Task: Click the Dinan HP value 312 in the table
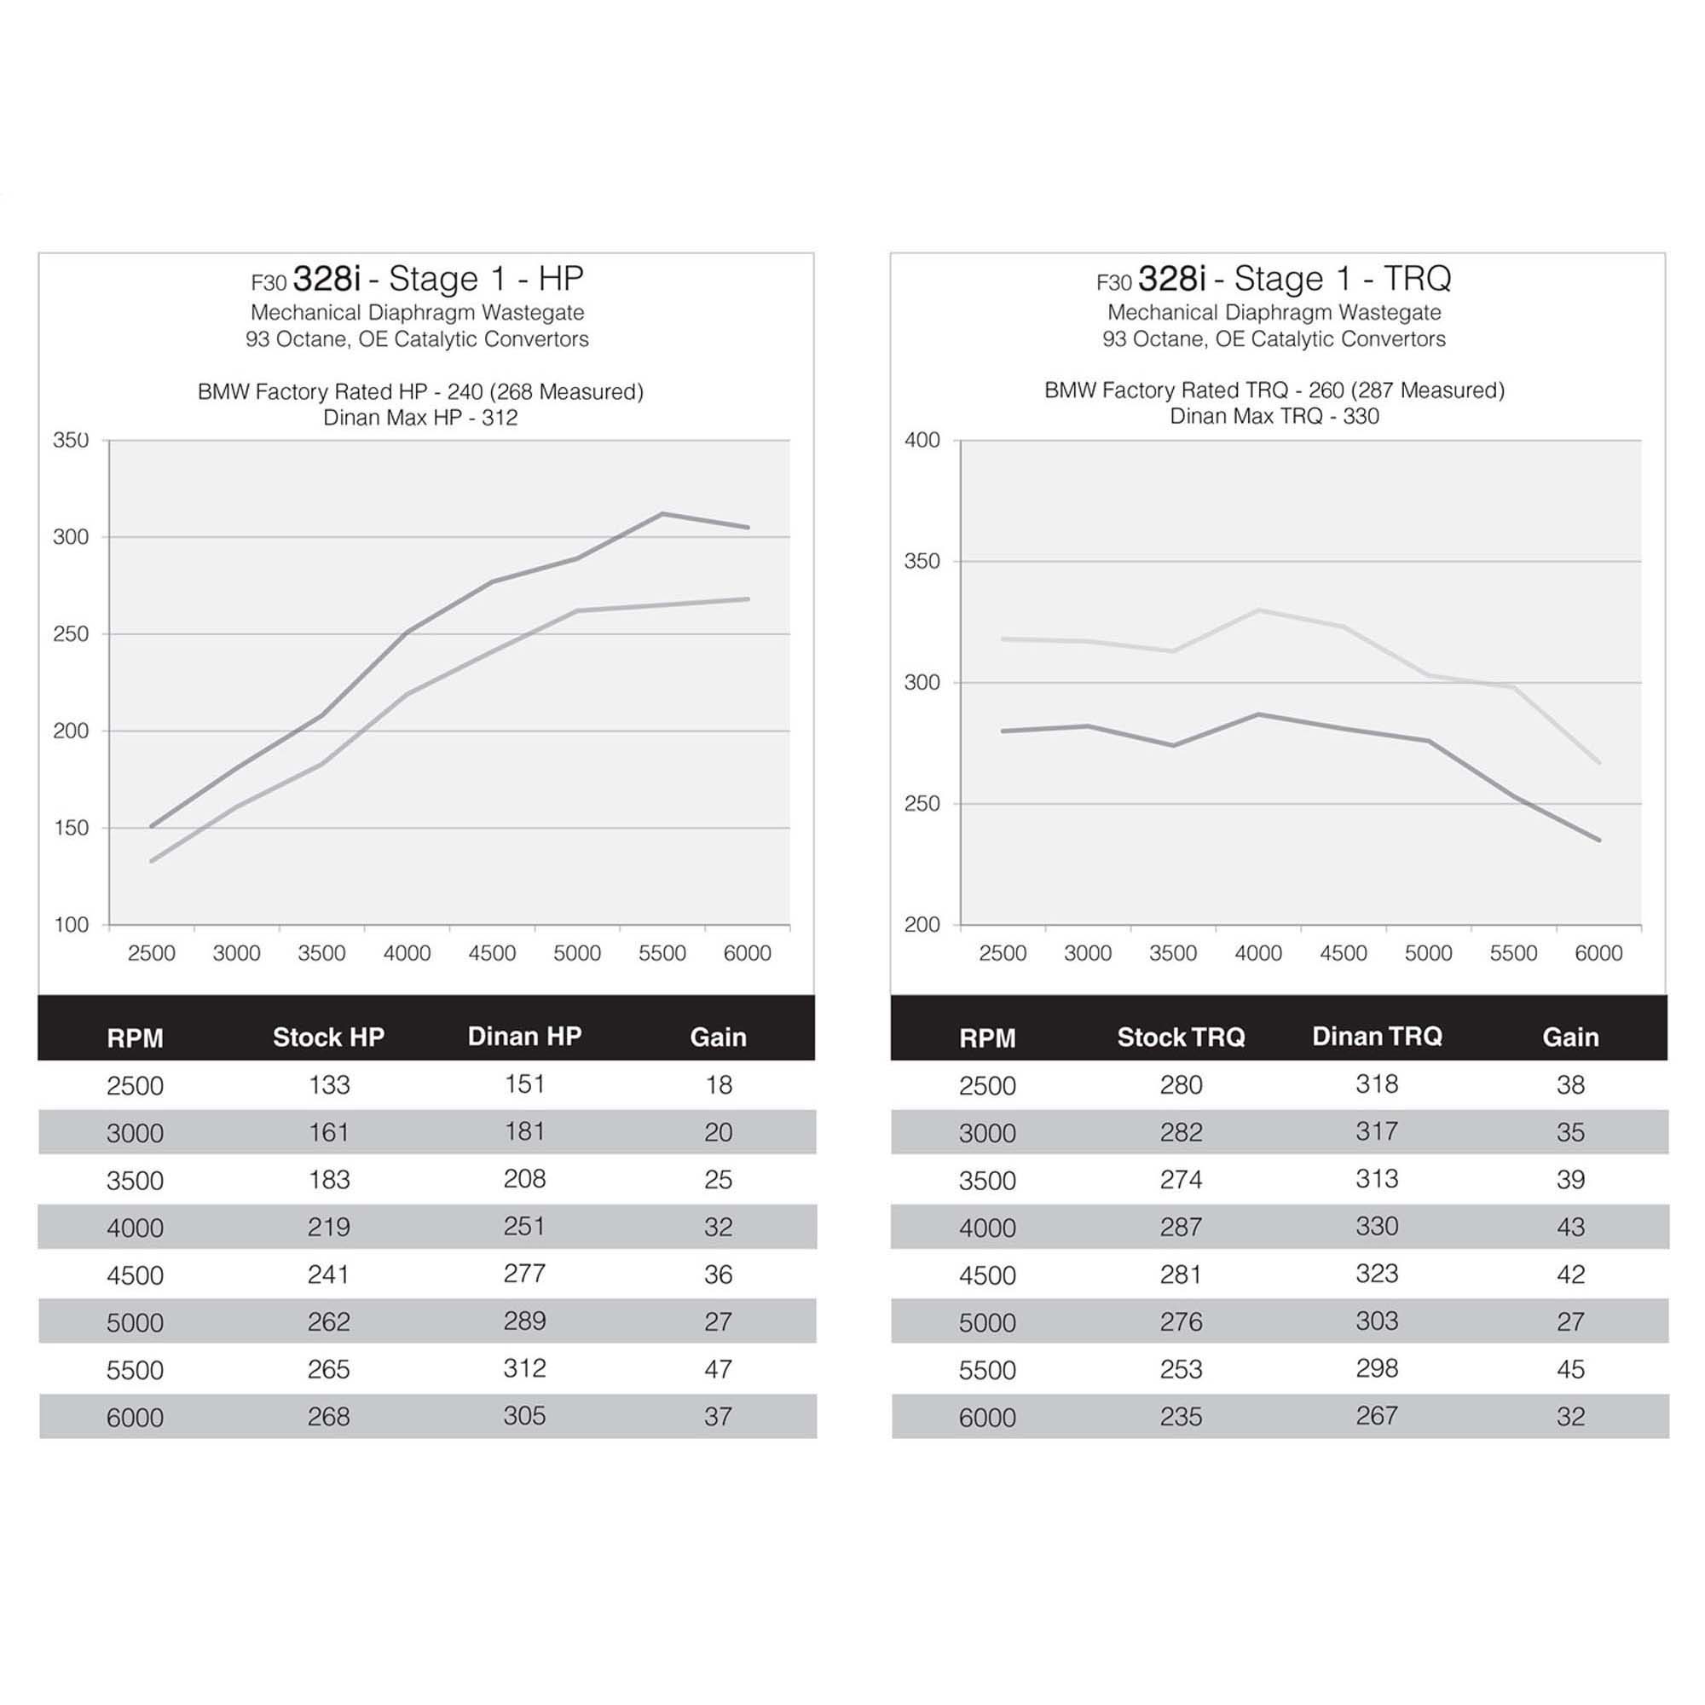coord(524,1369)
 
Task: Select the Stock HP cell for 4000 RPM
coord(328,1227)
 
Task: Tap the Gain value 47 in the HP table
coord(718,1370)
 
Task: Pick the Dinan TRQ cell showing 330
coord(1376,1227)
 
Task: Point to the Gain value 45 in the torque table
coord(1570,1370)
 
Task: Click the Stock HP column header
coord(328,1037)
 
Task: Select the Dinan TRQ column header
coord(1377,1036)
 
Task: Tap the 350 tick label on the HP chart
coord(71,440)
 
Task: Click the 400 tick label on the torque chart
coord(922,440)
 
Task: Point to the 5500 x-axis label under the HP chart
coord(662,953)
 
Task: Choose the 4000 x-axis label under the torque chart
coord(1257,953)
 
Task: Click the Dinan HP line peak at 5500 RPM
coord(662,513)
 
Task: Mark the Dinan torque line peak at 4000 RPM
coord(1258,610)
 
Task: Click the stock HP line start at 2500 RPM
coord(152,860)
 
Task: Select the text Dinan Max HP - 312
coord(420,418)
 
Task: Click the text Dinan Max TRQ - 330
coord(1274,417)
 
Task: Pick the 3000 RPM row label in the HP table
coord(135,1133)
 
